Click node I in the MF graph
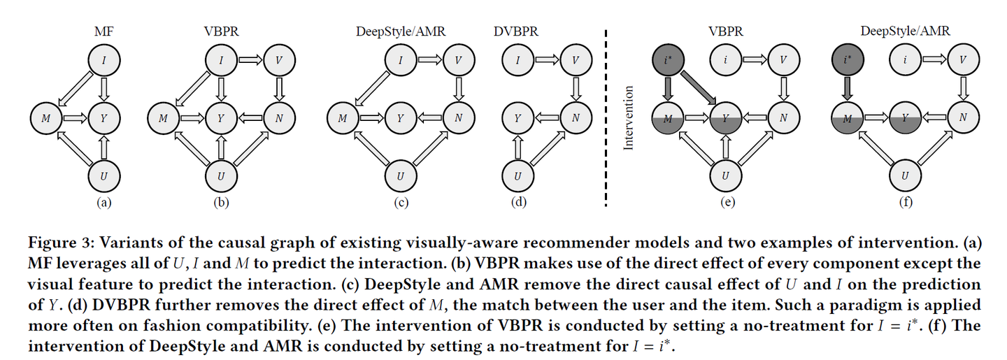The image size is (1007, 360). click(x=103, y=60)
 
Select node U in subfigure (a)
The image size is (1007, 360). click(x=103, y=175)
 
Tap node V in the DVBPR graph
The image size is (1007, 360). click(x=575, y=60)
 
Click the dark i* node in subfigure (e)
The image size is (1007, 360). click(x=667, y=60)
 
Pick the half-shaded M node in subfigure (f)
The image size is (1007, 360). click(x=847, y=118)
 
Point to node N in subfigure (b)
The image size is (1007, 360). click(x=278, y=118)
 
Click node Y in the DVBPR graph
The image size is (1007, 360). click(x=517, y=118)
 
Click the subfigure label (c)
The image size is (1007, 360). click(x=400, y=203)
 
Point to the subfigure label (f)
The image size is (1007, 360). click(x=904, y=203)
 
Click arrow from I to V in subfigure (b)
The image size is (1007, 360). click(x=250, y=60)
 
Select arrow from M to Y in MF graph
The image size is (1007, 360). click(x=74, y=118)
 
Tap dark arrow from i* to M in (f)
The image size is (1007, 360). click(x=847, y=89)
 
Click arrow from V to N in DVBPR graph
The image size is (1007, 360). click(x=575, y=89)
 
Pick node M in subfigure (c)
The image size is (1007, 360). click(x=343, y=118)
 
